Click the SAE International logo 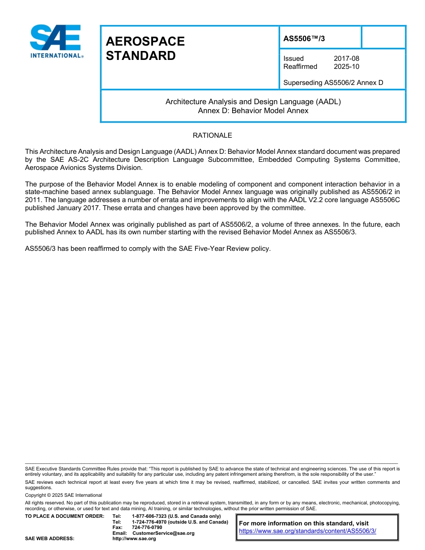point(56,41)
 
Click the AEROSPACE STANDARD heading point(145,48)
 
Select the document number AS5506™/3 point(304,38)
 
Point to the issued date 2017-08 point(346,59)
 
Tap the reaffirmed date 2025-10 point(346,67)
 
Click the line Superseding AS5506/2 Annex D point(333,82)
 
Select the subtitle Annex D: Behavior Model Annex point(253,110)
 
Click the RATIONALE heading point(212,135)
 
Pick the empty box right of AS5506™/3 point(383,37)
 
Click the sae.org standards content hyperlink point(307,531)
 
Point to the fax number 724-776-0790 point(147,528)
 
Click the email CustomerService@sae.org point(163,533)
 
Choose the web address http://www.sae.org point(134,539)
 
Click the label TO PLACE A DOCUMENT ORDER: point(64,516)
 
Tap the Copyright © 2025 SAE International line point(64,495)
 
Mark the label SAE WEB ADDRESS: point(50,539)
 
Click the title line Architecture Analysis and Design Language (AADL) point(253,102)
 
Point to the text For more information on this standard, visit point(304,523)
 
